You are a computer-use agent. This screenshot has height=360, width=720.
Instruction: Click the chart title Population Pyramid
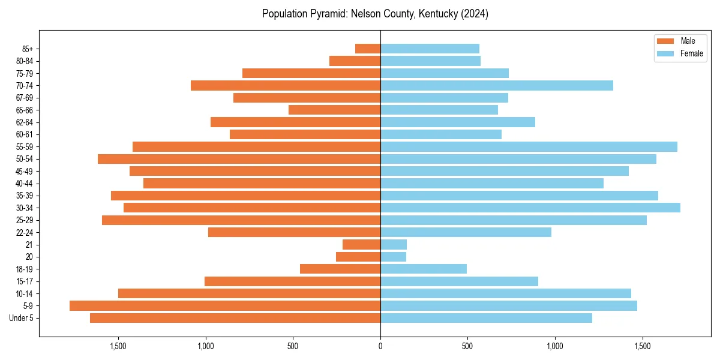[x=375, y=14]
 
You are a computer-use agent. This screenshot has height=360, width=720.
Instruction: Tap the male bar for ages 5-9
[x=225, y=306]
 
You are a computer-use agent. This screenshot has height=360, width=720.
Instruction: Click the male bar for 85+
[x=368, y=49]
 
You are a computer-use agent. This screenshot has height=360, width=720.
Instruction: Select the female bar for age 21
[x=394, y=245]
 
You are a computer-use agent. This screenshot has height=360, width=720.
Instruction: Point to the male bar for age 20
[x=358, y=257]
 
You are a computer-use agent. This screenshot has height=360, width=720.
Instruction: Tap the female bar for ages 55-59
[x=529, y=146]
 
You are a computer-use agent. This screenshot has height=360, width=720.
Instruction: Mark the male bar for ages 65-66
[x=334, y=110]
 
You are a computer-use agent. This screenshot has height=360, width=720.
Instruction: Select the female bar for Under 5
[x=486, y=318]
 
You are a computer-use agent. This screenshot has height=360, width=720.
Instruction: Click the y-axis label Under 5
[x=21, y=318]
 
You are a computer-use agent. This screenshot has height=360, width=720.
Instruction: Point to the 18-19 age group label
[x=25, y=269]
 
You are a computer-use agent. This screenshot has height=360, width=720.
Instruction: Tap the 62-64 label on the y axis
[x=25, y=122]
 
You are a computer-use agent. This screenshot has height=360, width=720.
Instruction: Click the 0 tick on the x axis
[x=380, y=347]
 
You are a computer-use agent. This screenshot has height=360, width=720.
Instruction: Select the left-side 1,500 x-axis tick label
[x=118, y=347]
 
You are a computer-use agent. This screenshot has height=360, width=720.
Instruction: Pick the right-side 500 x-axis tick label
[x=467, y=347]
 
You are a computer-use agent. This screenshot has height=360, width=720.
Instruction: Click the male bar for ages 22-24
[x=294, y=232]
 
